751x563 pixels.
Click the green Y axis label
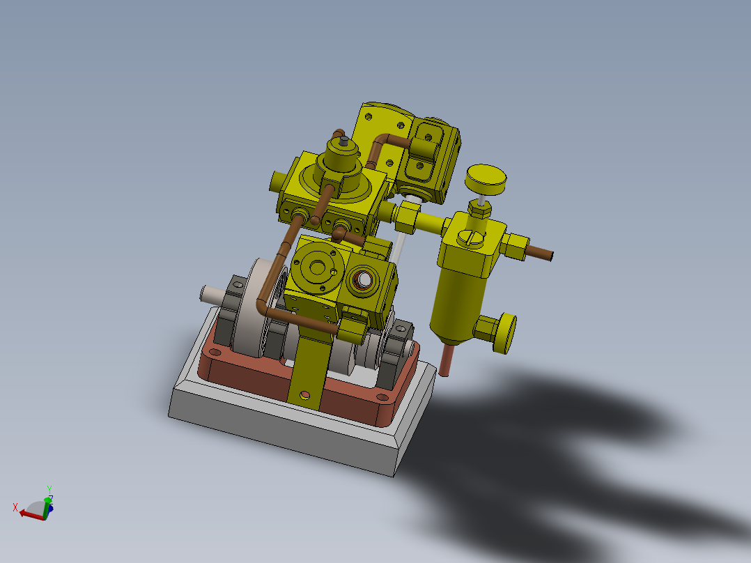pyautogui.click(x=49, y=489)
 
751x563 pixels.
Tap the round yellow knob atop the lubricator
pyautogui.click(x=485, y=180)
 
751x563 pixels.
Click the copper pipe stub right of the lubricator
pyautogui.click(x=539, y=253)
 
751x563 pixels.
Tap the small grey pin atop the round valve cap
pyautogui.click(x=343, y=141)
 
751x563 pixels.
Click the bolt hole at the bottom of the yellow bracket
pyautogui.click(x=304, y=395)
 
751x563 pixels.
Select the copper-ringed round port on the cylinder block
pyautogui.click(x=363, y=280)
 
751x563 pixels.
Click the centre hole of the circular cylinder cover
pyautogui.click(x=319, y=268)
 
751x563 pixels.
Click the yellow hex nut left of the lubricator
pyautogui.click(x=406, y=217)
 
